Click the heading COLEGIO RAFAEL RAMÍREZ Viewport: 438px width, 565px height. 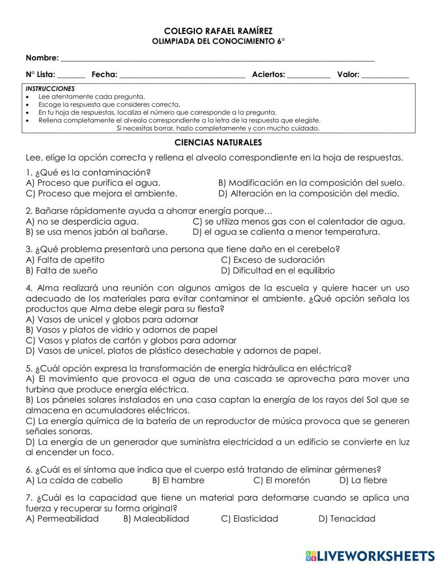pos(218,31)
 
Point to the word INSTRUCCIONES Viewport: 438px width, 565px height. pos(50,88)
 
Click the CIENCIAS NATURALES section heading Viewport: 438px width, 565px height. pos(218,143)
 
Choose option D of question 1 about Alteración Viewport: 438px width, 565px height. pos(309,193)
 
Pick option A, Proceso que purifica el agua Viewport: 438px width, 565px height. pos(93,183)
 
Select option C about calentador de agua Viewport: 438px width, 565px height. pos(299,222)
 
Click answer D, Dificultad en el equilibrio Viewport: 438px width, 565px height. pos(278,270)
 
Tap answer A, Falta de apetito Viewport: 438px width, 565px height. pos(65,260)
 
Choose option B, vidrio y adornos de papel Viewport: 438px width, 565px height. pos(122,330)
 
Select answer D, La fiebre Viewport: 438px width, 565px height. pos(363,481)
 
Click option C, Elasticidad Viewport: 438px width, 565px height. pos(250,519)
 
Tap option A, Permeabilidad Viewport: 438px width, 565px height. pos(63,519)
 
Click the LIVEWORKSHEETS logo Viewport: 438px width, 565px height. pos(370,556)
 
